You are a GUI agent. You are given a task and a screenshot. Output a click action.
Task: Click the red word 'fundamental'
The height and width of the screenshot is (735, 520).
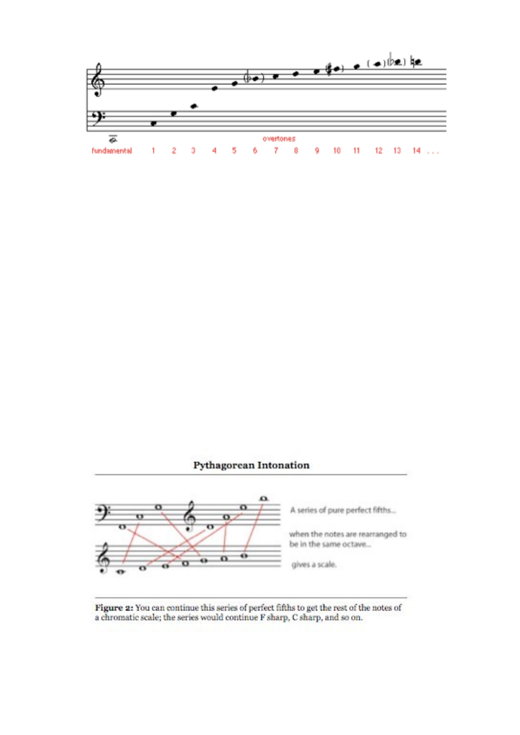tap(111, 151)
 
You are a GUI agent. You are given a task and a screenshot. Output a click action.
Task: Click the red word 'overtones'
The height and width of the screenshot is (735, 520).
tap(278, 139)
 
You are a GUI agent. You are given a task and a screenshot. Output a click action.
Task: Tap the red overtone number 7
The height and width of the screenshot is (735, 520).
tap(276, 151)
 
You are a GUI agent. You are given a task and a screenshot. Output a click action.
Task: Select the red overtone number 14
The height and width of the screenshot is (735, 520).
tap(416, 151)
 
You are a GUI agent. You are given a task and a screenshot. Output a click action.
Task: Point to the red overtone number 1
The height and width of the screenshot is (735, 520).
tap(153, 151)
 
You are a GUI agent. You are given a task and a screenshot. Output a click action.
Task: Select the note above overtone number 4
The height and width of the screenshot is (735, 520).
tap(214, 88)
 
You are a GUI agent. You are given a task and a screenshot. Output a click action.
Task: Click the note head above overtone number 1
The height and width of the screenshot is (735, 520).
tap(153, 123)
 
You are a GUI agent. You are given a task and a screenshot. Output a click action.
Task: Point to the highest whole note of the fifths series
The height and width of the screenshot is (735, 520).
tap(263, 498)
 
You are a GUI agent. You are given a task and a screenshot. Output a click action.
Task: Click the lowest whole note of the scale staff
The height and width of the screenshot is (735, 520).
tap(121, 571)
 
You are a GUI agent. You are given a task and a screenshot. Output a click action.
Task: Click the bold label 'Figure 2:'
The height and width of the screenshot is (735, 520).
tap(114, 608)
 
